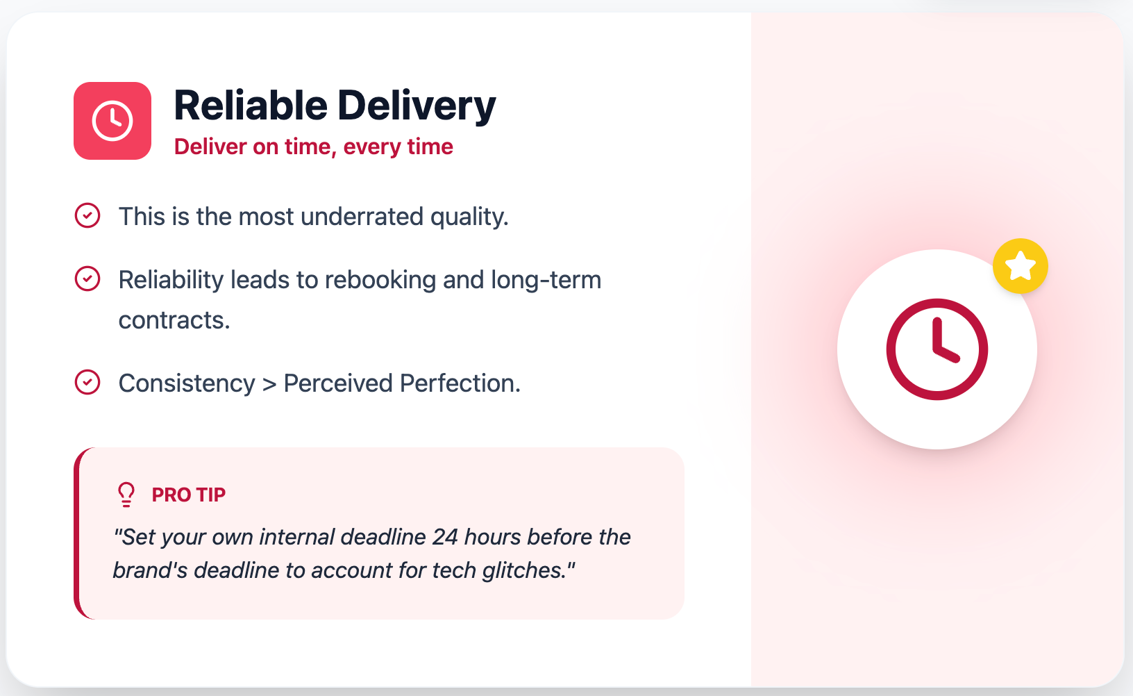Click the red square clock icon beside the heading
112,121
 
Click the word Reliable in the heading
250,106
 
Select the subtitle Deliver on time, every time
313,147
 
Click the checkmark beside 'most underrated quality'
87,216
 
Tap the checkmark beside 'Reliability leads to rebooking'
87,279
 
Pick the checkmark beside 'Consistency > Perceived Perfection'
87,383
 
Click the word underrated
362,217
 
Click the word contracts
174,320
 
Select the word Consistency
187,383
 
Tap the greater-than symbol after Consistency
269,384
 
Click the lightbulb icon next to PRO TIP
126,495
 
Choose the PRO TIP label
188,495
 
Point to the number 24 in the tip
445,537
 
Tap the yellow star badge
1020,266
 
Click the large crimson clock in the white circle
937,349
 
